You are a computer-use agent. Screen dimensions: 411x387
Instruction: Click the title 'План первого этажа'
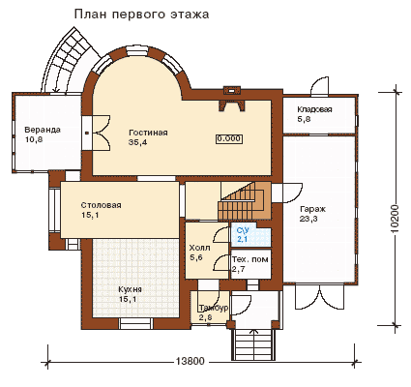[x=142, y=15]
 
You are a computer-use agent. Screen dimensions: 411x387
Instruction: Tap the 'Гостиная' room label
[x=148, y=133]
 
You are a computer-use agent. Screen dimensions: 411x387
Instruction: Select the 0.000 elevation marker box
[x=229, y=138]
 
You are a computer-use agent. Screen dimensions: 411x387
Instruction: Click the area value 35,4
[x=137, y=142]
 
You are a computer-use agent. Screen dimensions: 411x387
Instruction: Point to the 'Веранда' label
[x=43, y=130]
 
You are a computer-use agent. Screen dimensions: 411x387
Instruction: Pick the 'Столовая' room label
[x=101, y=205]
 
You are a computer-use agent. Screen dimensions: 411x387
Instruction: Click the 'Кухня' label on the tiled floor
[x=130, y=289]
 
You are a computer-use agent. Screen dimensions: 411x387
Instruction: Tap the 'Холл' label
[x=199, y=248]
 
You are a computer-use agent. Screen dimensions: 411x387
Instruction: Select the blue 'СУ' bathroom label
[x=243, y=230]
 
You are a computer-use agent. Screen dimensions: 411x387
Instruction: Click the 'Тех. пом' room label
[x=250, y=259]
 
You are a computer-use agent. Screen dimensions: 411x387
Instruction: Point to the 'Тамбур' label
[x=214, y=308]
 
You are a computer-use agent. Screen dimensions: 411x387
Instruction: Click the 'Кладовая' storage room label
[x=314, y=109]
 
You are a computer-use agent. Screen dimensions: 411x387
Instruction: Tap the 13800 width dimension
[x=191, y=361]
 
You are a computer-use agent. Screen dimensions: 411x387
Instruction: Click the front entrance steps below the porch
[x=253, y=344]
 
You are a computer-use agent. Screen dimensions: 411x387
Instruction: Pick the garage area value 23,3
[x=308, y=219]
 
